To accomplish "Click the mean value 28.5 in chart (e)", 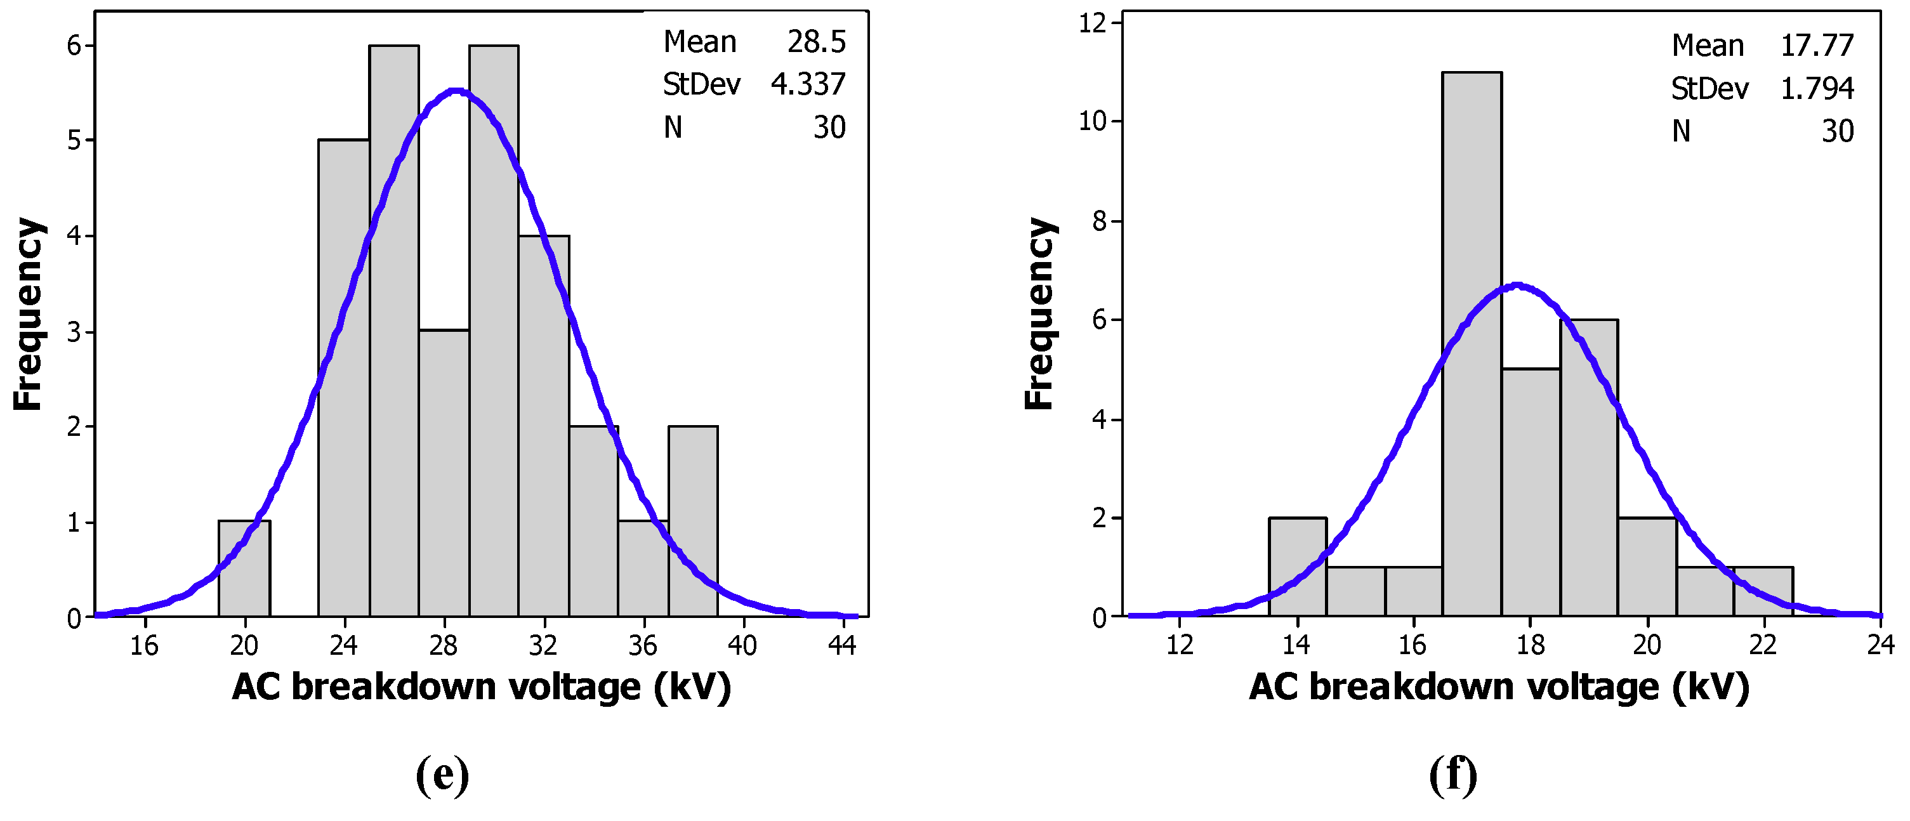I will tap(815, 43).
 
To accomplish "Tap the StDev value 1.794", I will tap(1817, 89).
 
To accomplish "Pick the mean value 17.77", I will tap(1817, 46).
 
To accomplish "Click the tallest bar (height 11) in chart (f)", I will tap(1472, 341).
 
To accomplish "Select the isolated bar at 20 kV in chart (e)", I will tap(244, 568).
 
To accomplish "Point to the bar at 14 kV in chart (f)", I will tap(1298, 567).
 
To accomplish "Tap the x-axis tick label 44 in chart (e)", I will tap(842, 646).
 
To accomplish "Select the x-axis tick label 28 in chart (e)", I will tap(444, 646).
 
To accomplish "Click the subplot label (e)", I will tap(443, 775).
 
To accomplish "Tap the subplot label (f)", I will tap(1452, 775).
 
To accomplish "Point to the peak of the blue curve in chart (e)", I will tap(457, 91).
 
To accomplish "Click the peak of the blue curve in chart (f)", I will tap(1518, 285).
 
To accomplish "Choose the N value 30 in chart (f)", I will tap(1837, 131).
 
